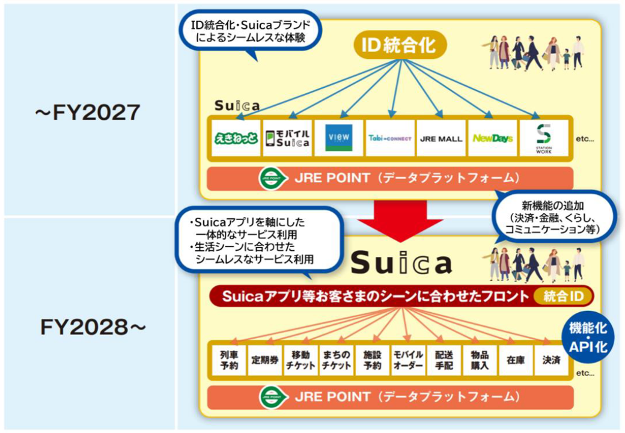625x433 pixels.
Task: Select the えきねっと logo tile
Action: (236, 138)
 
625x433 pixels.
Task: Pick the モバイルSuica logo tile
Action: (287, 138)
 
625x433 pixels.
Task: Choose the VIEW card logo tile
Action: (339, 138)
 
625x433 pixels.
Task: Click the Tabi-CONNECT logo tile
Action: (389, 138)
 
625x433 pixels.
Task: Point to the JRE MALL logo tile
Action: (441, 138)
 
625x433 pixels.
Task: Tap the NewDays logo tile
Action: (492, 138)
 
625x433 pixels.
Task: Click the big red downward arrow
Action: (400, 220)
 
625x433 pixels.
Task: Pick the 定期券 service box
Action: (265, 360)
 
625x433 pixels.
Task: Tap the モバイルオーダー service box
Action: (408, 360)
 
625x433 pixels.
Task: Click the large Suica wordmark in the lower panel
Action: (401, 263)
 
